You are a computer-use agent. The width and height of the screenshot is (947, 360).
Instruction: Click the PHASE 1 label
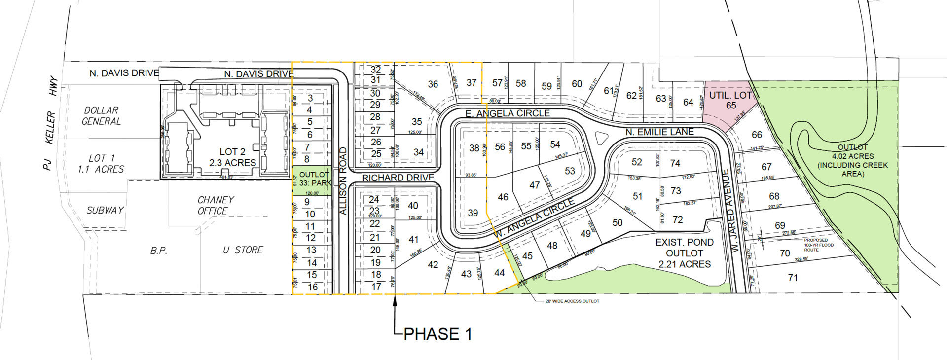pos(437,334)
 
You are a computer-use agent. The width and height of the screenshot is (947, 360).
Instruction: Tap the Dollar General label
pos(101,116)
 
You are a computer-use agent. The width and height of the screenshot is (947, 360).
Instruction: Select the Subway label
pos(105,210)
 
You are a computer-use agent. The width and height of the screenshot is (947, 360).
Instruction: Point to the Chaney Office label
pos(216,205)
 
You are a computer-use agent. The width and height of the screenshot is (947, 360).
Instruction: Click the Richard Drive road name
pos(398,178)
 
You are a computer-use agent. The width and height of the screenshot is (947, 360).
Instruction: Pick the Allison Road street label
pos(343,180)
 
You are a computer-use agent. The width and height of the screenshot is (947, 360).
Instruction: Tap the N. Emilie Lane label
pos(659,132)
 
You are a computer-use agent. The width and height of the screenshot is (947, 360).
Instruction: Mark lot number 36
pos(433,84)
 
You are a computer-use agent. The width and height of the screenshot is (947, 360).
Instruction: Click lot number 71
pos(793,278)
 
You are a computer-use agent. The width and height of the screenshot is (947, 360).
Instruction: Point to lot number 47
pos(534,185)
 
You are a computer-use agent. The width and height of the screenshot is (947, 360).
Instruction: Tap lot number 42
pos(433,265)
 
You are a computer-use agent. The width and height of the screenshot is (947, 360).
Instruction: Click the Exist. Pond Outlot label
pos(684,253)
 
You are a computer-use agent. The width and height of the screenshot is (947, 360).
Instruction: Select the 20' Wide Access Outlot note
pos(572,301)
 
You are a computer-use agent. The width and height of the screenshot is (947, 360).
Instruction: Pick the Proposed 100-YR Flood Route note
pos(819,245)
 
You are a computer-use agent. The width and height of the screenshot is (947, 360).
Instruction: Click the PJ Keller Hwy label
pos(50,123)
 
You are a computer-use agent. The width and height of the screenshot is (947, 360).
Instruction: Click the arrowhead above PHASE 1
pos(395,301)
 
